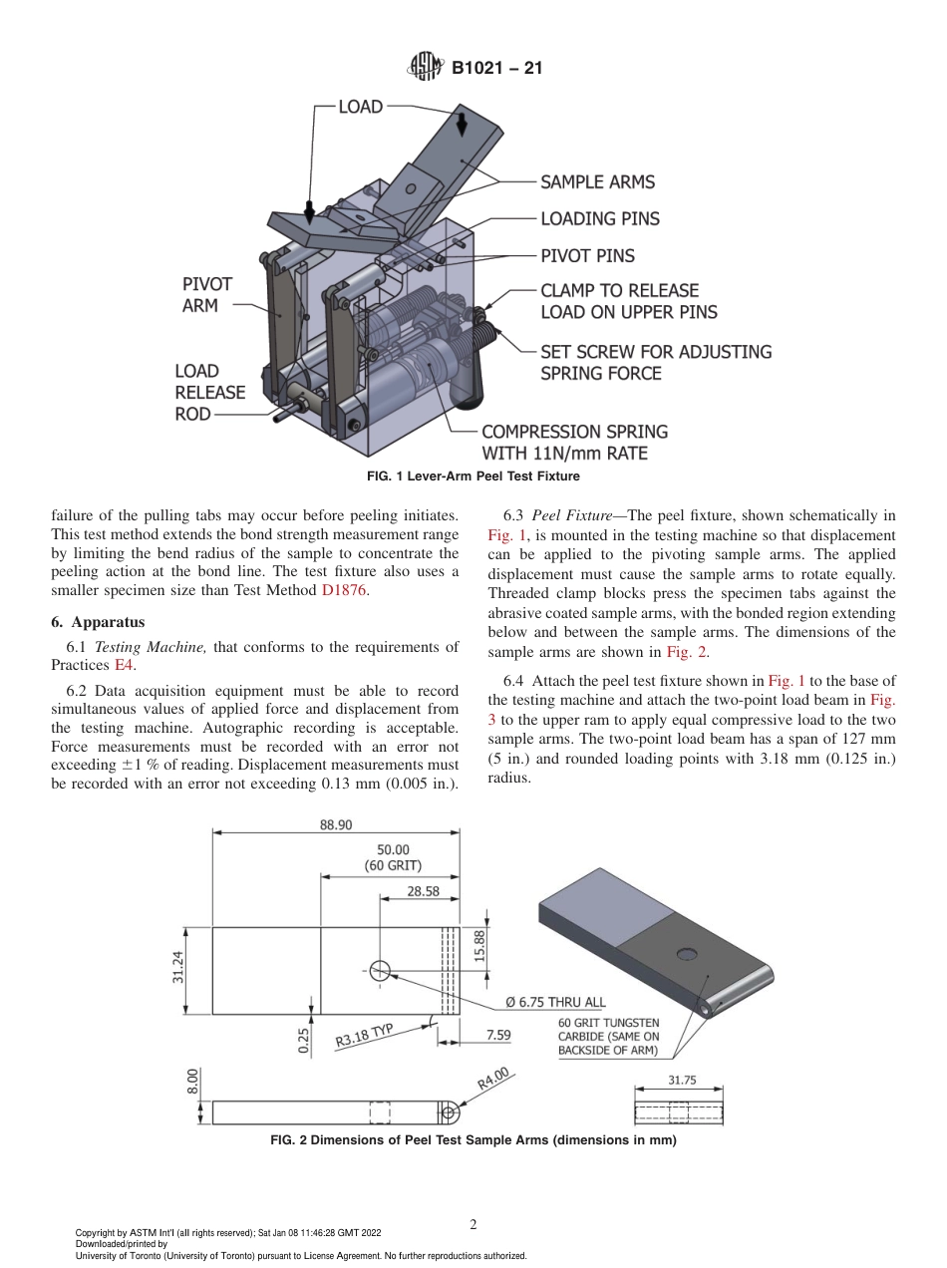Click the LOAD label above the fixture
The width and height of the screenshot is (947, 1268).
tap(360, 107)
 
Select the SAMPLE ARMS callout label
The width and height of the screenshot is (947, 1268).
tap(597, 182)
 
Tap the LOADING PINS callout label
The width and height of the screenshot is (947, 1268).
tap(599, 219)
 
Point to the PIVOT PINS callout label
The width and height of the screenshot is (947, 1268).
tap(587, 256)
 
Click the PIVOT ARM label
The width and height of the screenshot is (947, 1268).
tap(206, 295)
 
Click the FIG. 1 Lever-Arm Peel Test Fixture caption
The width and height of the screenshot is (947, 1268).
tap(473, 477)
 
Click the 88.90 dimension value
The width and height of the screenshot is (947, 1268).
tap(335, 824)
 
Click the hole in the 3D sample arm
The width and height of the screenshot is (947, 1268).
tap(687, 954)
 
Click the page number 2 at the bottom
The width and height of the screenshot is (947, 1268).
tap(473, 1225)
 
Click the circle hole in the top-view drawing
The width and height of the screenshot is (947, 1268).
tap(380, 970)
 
